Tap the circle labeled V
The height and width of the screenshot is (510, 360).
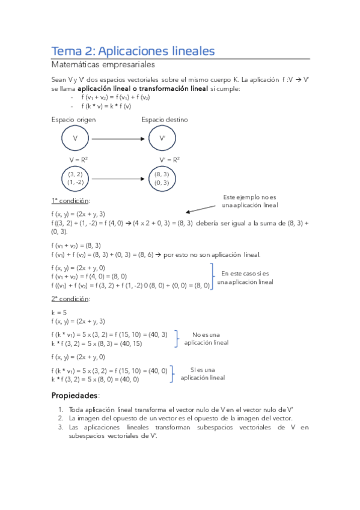tap(75, 139)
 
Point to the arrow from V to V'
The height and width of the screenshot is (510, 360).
tap(117, 139)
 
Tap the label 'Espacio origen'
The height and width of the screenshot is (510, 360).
tap(73, 120)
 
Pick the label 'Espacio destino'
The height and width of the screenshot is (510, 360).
tap(165, 120)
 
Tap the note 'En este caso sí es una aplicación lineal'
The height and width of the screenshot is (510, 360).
tap(245, 277)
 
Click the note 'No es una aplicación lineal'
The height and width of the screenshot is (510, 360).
tap(206, 339)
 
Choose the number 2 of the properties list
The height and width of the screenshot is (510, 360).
tap(61, 418)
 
